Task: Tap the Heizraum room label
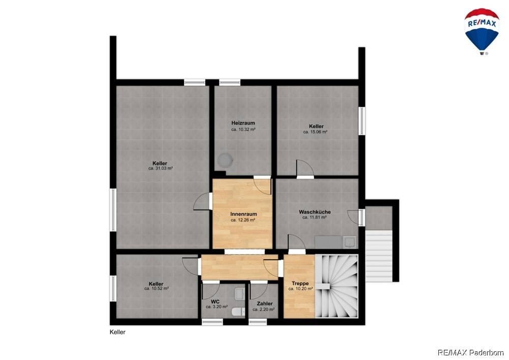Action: point(243,123)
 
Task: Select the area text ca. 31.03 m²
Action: point(160,169)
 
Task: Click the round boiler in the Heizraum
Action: point(225,160)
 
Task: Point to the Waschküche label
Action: point(315,212)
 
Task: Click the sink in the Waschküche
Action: point(350,242)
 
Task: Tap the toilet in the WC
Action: point(239,312)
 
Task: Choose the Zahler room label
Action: point(265,304)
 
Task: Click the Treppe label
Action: point(300,284)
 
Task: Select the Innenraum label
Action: point(243,214)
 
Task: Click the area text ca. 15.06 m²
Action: point(315,132)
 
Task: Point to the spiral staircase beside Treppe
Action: point(336,286)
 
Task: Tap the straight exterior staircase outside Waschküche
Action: point(379,256)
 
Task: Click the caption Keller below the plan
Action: point(118,332)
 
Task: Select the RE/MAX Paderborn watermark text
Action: point(471,352)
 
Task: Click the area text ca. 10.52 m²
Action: point(156,289)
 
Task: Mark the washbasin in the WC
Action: point(240,293)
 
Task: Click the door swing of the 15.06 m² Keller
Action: point(305,169)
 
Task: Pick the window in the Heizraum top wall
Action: point(230,82)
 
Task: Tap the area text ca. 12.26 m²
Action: point(243,220)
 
